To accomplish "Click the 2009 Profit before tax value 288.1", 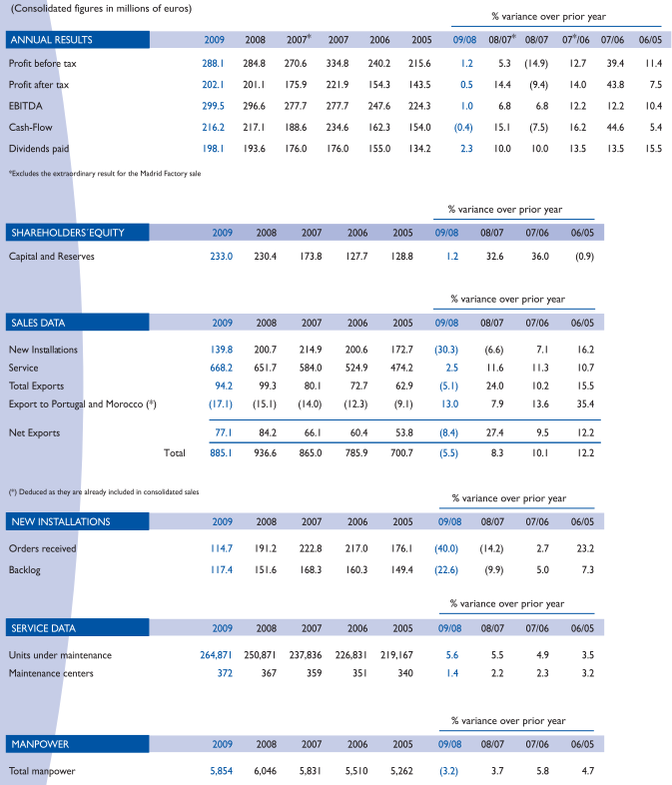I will [214, 63].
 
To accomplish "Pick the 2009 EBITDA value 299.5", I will [214, 105].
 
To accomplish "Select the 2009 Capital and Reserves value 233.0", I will [221, 257].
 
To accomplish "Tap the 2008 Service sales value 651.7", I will [265, 368].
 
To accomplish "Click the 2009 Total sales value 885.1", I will [221, 452].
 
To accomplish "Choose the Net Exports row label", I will [35, 432].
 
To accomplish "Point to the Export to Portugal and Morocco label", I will [83, 403].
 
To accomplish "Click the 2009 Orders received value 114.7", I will [221, 548].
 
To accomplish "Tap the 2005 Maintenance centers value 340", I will [403, 673].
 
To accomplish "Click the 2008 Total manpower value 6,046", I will [264, 771].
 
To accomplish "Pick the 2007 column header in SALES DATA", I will [312, 323].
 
